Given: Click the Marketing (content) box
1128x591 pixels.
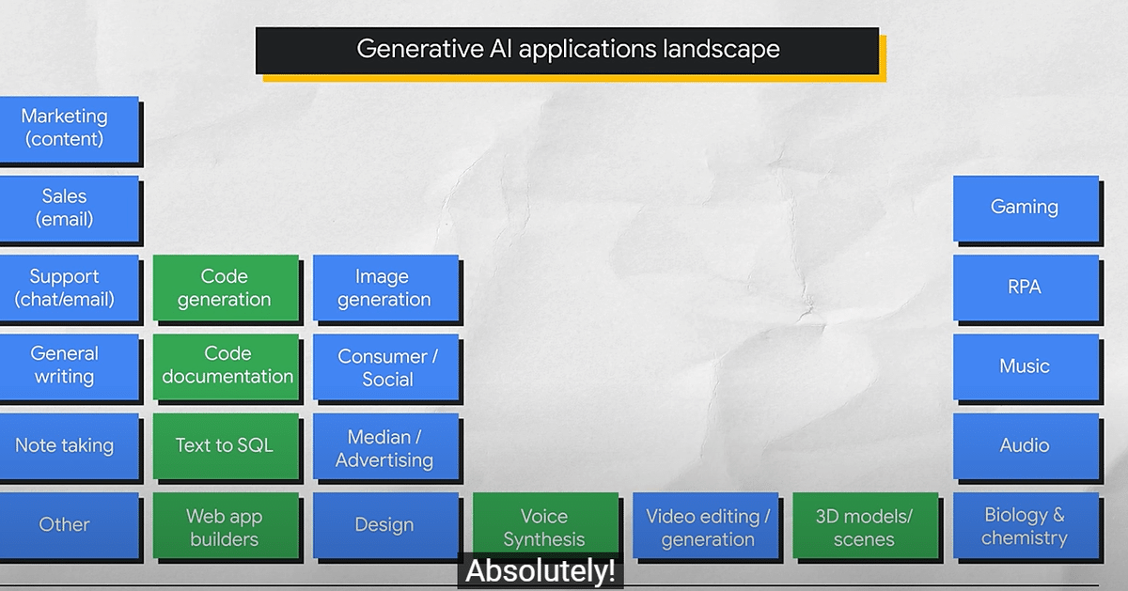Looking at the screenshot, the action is (x=69, y=130).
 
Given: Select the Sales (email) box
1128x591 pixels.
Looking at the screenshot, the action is (x=69, y=209).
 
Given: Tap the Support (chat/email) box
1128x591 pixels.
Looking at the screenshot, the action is (x=69, y=288).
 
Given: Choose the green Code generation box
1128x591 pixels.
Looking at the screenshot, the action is (x=226, y=288).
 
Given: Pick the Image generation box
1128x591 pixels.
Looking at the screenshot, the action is (x=385, y=288).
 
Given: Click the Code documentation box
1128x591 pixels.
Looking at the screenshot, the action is (x=226, y=367).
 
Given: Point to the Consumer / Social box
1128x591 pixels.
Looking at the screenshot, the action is (x=385, y=367).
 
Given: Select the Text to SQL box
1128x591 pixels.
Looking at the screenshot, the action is (x=226, y=446).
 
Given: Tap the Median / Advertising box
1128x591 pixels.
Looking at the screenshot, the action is (x=385, y=446).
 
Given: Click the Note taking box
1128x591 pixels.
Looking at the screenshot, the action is (x=69, y=446).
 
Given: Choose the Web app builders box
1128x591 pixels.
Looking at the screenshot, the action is (x=226, y=525).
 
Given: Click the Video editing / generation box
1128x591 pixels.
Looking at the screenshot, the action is (x=706, y=525).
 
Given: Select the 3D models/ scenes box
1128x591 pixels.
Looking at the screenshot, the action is (x=866, y=525).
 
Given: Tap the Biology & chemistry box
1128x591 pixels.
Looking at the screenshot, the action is (x=1026, y=525).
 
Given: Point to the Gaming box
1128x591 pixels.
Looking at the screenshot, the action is (x=1026, y=209).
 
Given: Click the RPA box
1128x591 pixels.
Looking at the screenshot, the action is (x=1026, y=288).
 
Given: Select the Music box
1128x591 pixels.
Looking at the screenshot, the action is (x=1026, y=367).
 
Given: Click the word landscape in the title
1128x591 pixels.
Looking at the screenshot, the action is (x=721, y=50).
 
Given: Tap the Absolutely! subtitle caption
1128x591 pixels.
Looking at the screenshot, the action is (x=540, y=571).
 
